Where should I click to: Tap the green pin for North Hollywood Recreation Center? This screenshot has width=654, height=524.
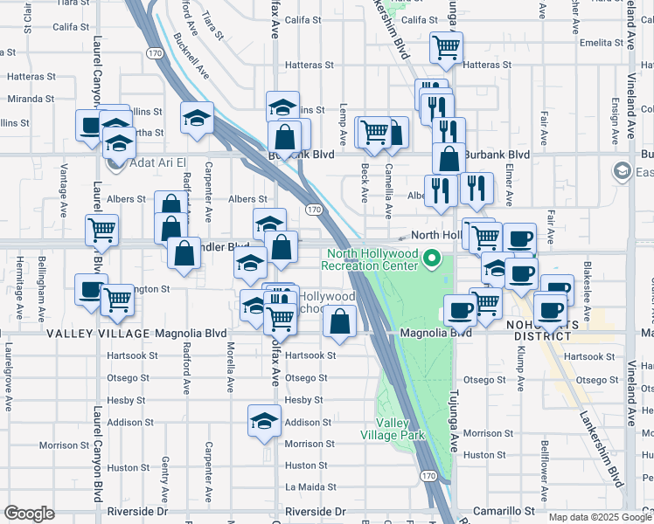tap(431, 259)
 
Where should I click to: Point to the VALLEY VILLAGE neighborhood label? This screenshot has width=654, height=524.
tap(98, 334)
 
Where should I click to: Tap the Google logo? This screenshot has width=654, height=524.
tap(29, 514)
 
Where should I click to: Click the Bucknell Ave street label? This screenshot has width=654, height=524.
tap(191, 56)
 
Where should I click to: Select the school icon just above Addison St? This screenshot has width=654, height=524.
tap(264, 421)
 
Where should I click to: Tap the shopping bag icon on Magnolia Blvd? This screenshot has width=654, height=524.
tap(339, 321)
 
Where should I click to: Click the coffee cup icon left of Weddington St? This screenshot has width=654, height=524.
tap(90, 290)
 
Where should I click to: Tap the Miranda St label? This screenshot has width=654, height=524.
tap(31, 99)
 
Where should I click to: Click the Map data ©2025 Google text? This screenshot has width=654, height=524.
tap(600, 517)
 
